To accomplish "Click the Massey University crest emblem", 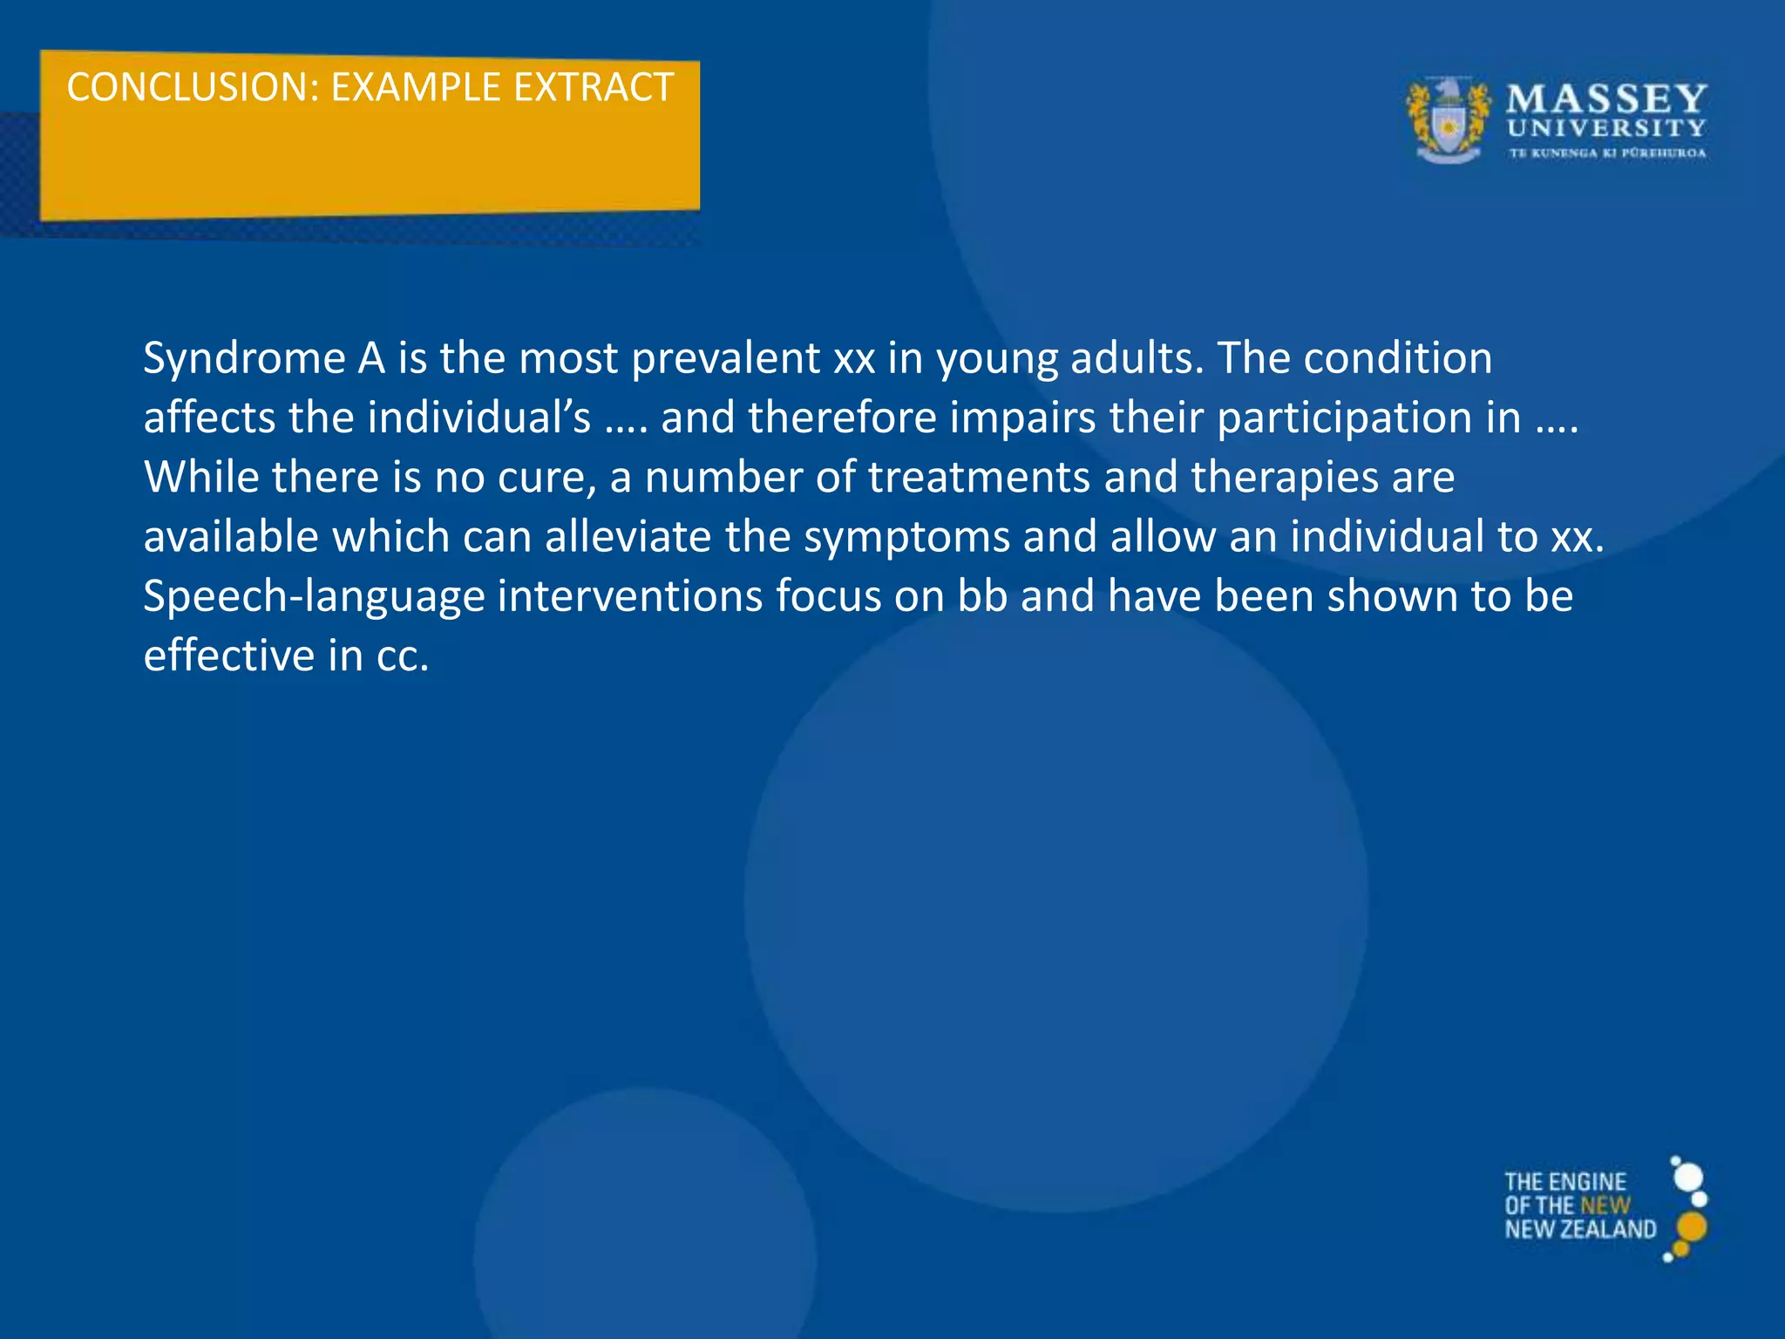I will [x=1448, y=120].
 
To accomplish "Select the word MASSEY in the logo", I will [x=1606, y=99].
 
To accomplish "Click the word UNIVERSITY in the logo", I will [x=1606, y=129].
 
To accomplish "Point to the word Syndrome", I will [x=245, y=359].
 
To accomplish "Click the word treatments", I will [x=978, y=478].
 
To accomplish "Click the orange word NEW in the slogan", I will [x=1605, y=1206].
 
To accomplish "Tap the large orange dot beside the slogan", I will [x=1691, y=1227].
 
